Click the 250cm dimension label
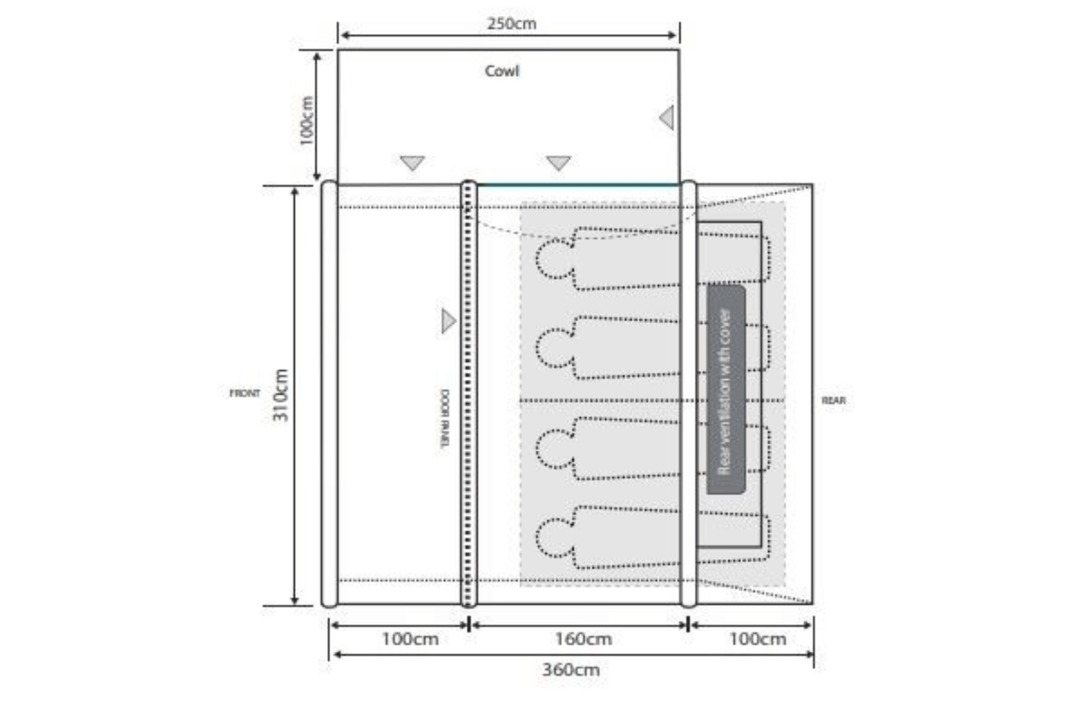pos(512,24)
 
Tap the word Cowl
pos(502,71)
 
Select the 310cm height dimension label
pos(280,395)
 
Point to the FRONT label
pos(245,393)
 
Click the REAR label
pos(833,400)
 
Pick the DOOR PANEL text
pos(445,418)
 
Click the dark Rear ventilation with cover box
pos(727,390)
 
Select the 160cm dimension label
pos(584,639)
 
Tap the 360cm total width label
pos(571,670)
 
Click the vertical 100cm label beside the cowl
pos(306,121)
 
